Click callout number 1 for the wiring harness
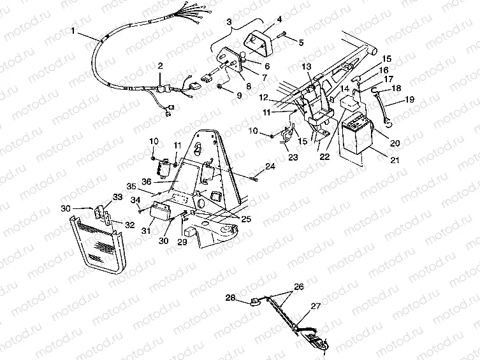tap(75, 31)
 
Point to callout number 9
tap(240, 96)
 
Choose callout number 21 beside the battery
tap(395, 161)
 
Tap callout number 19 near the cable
tap(409, 101)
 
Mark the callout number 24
tap(271, 166)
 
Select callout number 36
tap(146, 182)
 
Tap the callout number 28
tap(229, 298)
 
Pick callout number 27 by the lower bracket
tap(315, 306)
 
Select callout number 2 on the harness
tap(160, 66)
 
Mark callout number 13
tap(306, 66)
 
